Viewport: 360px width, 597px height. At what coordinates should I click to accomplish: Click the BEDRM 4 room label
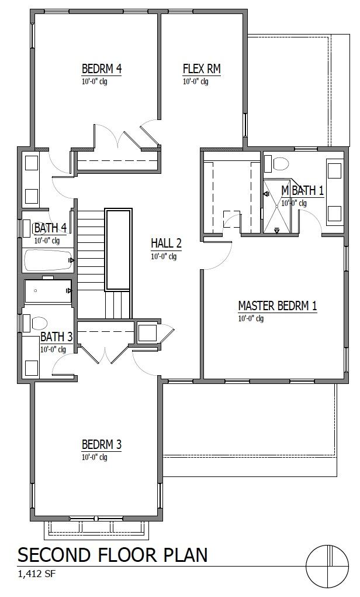pyautogui.click(x=102, y=69)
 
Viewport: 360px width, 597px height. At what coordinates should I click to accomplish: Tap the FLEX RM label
pyautogui.click(x=202, y=69)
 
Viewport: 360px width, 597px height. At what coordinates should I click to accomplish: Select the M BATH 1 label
pyautogui.click(x=302, y=190)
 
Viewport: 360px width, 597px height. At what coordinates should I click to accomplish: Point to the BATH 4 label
pyautogui.click(x=50, y=228)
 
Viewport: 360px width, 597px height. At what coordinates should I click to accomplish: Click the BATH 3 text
pyautogui.click(x=57, y=337)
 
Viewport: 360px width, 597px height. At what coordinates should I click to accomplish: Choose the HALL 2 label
pyautogui.click(x=167, y=243)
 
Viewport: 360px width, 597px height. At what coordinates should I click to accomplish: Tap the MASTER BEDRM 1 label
pyautogui.click(x=278, y=306)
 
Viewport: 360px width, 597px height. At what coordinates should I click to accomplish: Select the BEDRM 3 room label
pyautogui.click(x=102, y=444)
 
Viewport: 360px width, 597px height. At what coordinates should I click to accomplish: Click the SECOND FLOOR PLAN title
pyautogui.click(x=112, y=554)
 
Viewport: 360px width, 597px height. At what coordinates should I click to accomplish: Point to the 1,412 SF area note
pyautogui.click(x=37, y=574)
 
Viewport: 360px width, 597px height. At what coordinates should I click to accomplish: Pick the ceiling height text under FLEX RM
pyautogui.click(x=195, y=82)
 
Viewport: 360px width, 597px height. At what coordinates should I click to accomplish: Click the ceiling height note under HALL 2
pyautogui.click(x=164, y=256)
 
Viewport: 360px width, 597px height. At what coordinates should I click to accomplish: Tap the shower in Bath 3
pyautogui.click(x=47, y=291)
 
